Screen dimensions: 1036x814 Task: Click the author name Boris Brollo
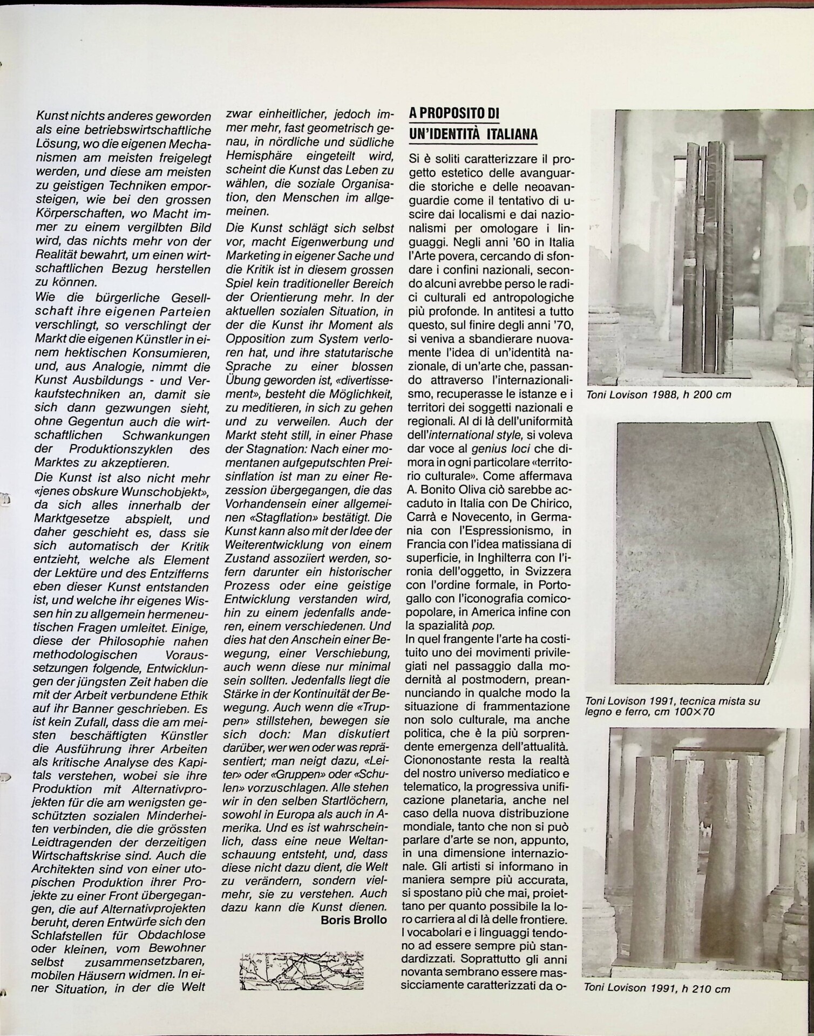click(354, 921)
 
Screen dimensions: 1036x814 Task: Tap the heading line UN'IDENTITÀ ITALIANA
click(473, 134)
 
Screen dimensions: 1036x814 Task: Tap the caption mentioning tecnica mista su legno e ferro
click(672, 706)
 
